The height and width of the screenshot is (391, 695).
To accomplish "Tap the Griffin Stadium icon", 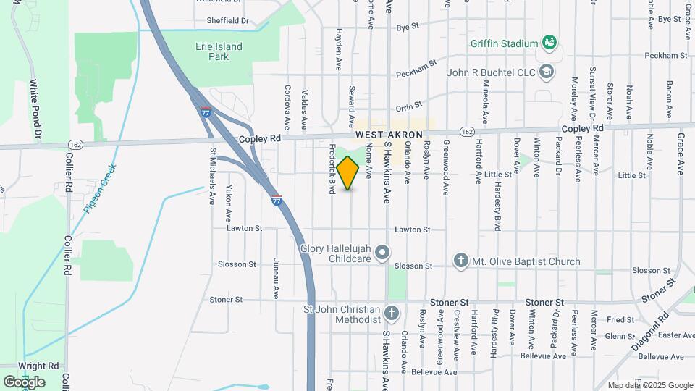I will tap(549, 43).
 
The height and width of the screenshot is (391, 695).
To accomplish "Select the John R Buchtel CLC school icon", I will tap(547, 72).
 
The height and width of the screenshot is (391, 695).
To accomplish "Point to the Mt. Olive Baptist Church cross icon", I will tap(460, 261).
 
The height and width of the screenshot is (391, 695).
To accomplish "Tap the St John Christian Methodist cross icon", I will tap(392, 314).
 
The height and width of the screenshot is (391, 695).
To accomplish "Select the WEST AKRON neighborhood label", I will tap(389, 135).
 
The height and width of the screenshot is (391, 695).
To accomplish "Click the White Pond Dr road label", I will tap(33, 109).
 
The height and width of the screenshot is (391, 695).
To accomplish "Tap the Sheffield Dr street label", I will tap(227, 21).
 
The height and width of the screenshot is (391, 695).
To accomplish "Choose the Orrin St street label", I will tap(408, 106).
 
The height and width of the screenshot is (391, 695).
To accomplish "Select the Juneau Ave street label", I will tap(276, 278).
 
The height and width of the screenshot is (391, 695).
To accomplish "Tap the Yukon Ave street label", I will tap(227, 206).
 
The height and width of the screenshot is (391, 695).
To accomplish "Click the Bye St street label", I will tap(408, 27).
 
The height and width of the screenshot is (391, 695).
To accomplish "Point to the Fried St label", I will tap(620, 319).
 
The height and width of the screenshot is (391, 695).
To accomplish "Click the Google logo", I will tap(24, 382).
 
